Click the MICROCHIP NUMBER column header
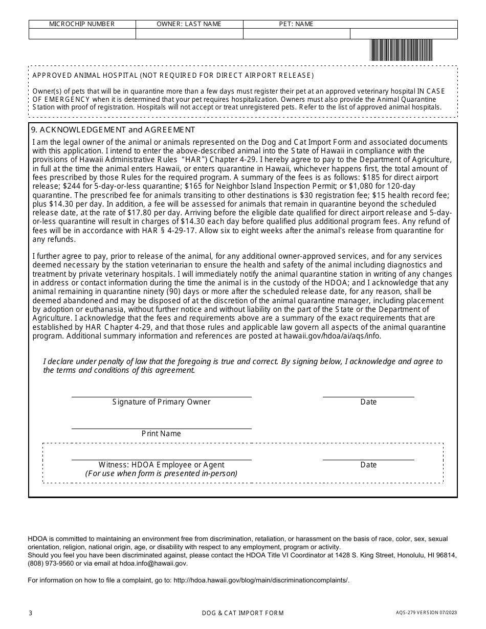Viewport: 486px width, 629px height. pos(82,24)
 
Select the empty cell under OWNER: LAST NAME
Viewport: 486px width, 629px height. pos(189,34)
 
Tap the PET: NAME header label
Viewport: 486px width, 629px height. pos(296,24)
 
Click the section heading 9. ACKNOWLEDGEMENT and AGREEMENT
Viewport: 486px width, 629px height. pos(114,130)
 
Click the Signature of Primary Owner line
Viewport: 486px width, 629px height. pos(161,393)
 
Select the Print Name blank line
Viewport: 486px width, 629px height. pos(161,425)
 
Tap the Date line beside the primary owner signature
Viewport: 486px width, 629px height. pos(368,393)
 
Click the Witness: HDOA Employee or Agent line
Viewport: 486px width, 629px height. pos(161,456)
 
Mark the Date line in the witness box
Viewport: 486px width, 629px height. pos(368,456)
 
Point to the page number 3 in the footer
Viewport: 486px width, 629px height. pos(31,613)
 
